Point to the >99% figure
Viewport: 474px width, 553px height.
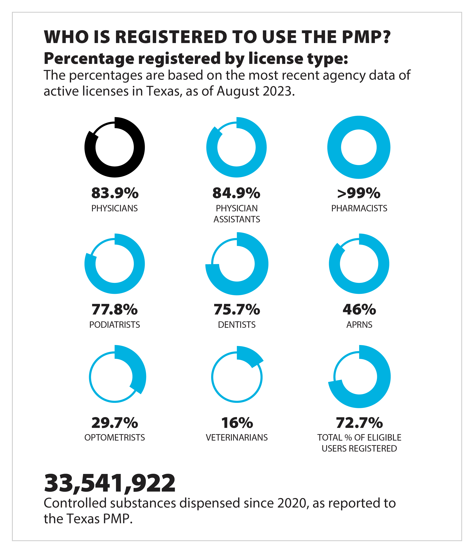click(x=359, y=193)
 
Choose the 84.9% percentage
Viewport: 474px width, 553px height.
click(x=236, y=193)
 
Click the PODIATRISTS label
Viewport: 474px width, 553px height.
click(x=115, y=325)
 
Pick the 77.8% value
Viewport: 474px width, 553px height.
click(x=115, y=309)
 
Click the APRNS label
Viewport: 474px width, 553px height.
click(x=359, y=325)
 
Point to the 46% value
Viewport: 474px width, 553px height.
click(x=359, y=309)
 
